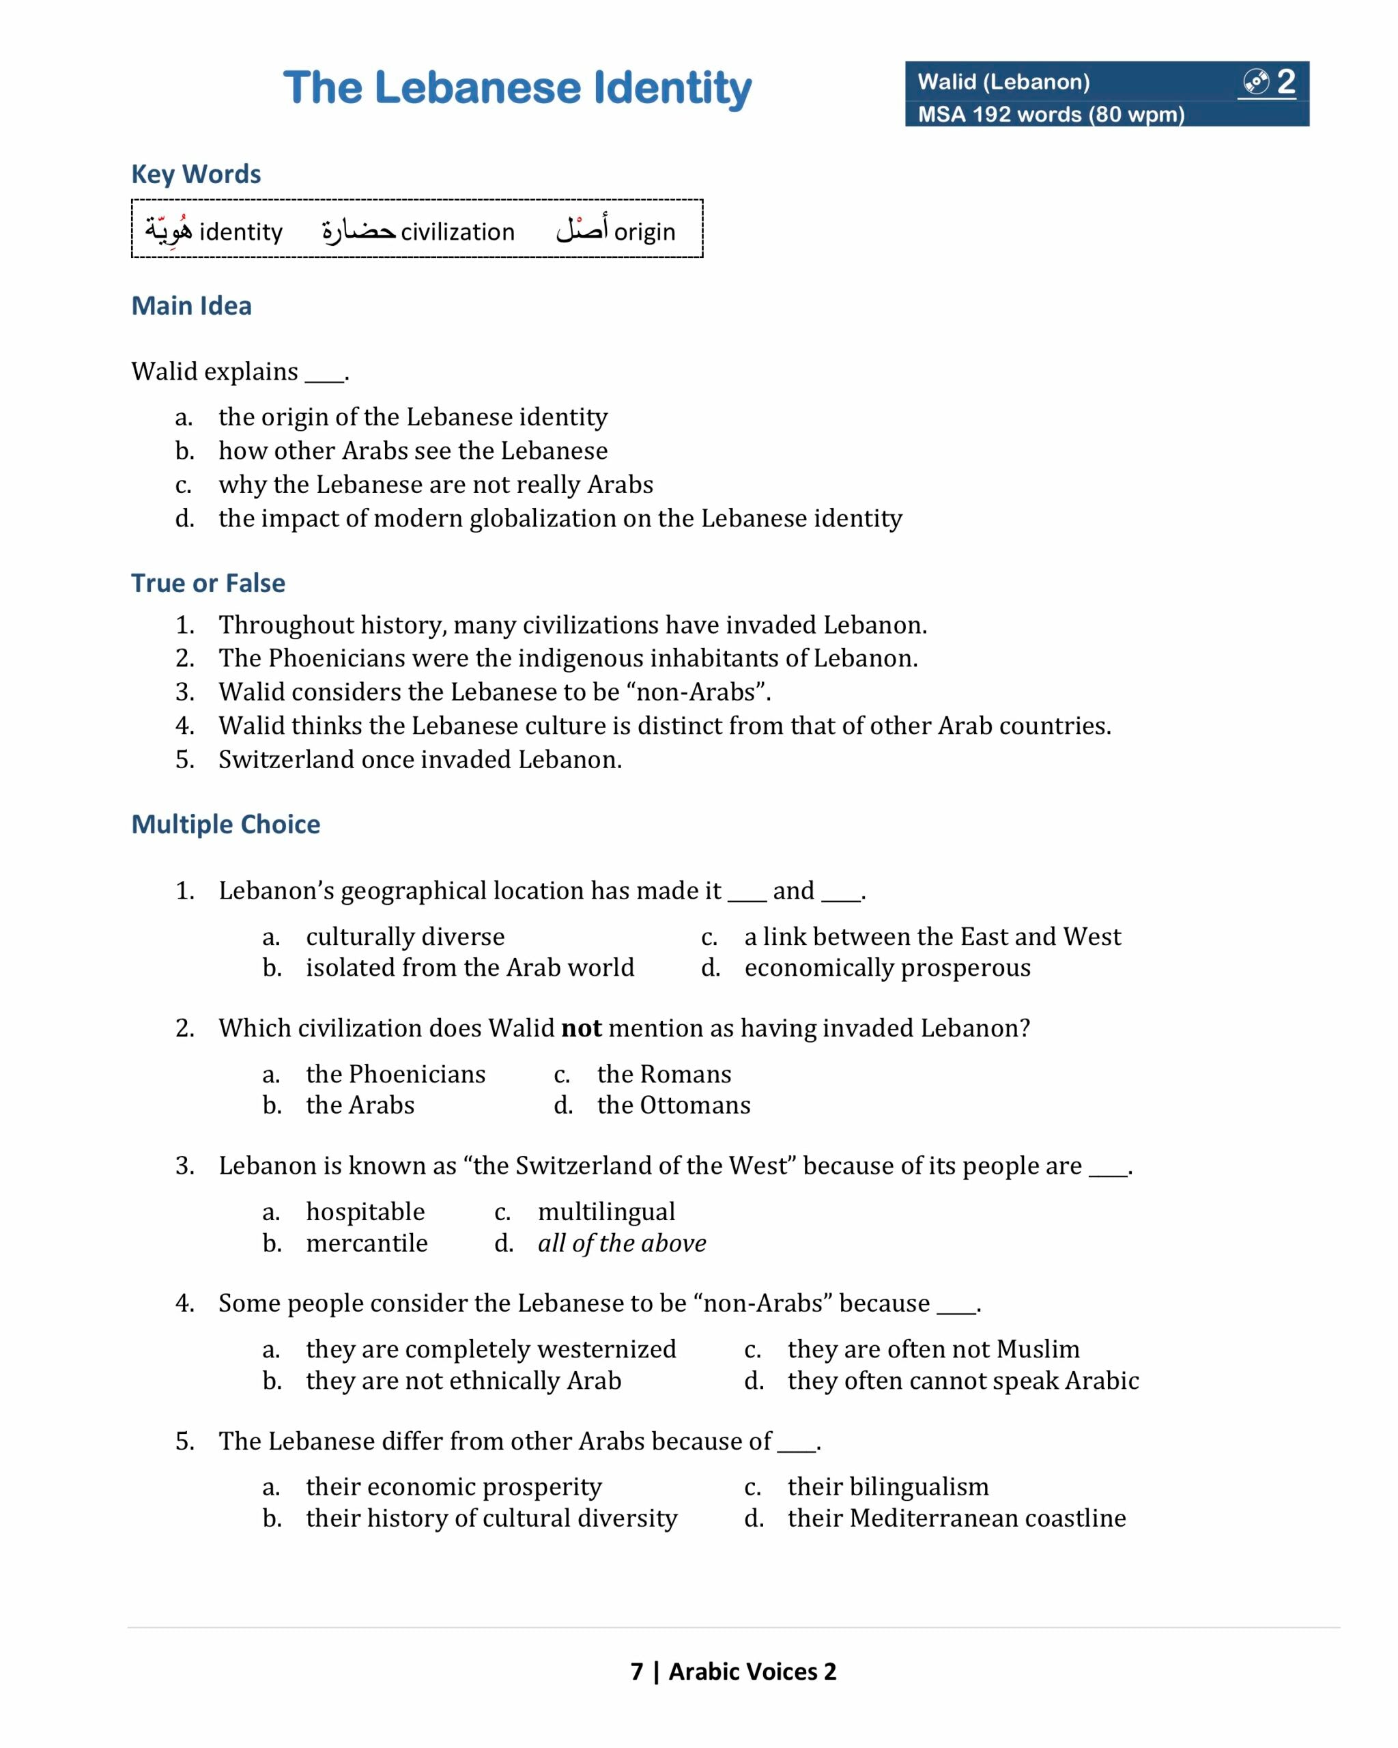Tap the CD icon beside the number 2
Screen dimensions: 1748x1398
click(1255, 82)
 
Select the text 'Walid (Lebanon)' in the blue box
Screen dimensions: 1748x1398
click(1003, 82)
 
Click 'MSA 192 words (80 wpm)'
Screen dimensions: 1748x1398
click(1051, 114)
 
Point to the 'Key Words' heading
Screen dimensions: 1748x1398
click(196, 174)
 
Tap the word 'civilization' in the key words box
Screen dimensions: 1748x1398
click(457, 232)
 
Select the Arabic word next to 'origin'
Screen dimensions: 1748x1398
click(582, 230)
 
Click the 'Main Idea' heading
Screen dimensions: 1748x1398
click(191, 306)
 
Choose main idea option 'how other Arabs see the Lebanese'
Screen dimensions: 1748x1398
click(412, 451)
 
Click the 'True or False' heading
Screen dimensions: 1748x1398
click(208, 583)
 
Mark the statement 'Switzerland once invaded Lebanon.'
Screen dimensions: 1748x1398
click(420, 760)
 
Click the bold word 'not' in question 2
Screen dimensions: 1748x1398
click(581, 1028)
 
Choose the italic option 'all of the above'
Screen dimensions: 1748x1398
click(622, 1243)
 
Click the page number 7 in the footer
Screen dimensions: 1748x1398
click(637, 1671)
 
